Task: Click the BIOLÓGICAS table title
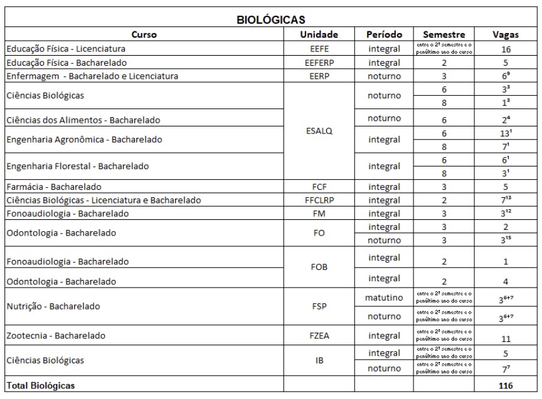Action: [x=271, y=20]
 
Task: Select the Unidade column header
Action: [x=319, y=34]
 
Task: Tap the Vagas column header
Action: [x=505, y=34]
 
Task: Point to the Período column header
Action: [x=384, y=34]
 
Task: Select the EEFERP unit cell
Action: [x=319, y=63]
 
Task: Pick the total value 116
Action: [x=505, y=386]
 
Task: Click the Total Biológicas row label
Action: [x=40, y=386]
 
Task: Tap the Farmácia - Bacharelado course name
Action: [x=54, y=187]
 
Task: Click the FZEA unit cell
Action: [x=319, y=336]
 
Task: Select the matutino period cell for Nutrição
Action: [x=384, y=298]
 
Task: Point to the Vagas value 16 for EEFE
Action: [x=505, y=49]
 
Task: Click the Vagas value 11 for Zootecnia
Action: [x=505, y=338]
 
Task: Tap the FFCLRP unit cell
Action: [x=319, y=200]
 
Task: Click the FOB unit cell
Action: [x=319, y=267]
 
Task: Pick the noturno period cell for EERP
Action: [x=384, y=76]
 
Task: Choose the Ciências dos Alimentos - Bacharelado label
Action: [x=83, y=120]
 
